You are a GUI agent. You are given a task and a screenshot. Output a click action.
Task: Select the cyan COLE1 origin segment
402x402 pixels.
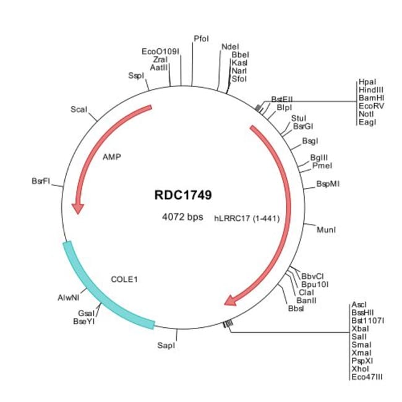(99, 291)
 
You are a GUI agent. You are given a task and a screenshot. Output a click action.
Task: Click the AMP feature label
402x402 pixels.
(111, 156)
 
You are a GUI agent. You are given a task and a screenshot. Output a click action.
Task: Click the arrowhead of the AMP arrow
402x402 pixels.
(77, 208)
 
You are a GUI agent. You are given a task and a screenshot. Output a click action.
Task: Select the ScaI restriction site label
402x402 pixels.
(79, 109)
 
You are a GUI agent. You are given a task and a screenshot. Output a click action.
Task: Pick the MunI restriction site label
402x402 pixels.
(326, 230)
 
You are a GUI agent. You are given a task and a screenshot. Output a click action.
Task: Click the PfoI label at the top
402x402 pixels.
(201, 38)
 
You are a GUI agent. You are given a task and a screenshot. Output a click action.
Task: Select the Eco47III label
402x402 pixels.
(367, 375)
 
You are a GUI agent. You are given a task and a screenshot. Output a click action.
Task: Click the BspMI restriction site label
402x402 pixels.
(328, 184)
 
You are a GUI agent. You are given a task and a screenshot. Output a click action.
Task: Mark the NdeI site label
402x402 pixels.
(230, 46)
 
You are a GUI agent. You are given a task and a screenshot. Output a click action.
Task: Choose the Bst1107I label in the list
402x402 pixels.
(367, 320)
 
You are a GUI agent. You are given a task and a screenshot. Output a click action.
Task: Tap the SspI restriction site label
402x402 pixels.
(136, 75)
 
